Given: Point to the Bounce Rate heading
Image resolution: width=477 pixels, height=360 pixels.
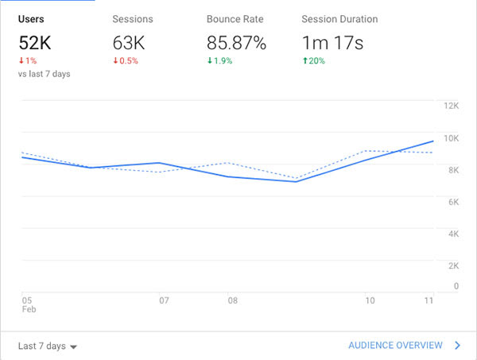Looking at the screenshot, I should coord(235,19).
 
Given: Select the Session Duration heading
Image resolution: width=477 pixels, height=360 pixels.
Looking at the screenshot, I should coord(339,19).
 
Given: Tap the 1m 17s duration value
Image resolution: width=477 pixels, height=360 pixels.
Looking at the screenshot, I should coord(333,42).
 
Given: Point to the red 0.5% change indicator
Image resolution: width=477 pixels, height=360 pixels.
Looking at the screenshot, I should coord(126,61).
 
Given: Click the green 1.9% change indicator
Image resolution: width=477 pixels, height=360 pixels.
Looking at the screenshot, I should coord(219,61).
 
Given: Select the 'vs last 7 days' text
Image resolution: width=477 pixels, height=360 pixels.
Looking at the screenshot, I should coord(44,74).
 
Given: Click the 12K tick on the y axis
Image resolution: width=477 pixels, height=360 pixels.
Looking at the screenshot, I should coord(451,106).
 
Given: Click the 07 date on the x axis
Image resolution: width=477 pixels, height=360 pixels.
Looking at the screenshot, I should coord(165,301).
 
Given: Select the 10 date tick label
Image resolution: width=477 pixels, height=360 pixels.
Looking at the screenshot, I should coord(370,301).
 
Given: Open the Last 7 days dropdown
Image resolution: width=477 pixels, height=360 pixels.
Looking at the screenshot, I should coord(48,346).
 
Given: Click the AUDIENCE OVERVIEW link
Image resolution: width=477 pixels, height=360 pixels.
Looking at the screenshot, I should coord(395,346).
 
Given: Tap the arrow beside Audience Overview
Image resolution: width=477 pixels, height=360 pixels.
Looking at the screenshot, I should coord(457,346).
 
